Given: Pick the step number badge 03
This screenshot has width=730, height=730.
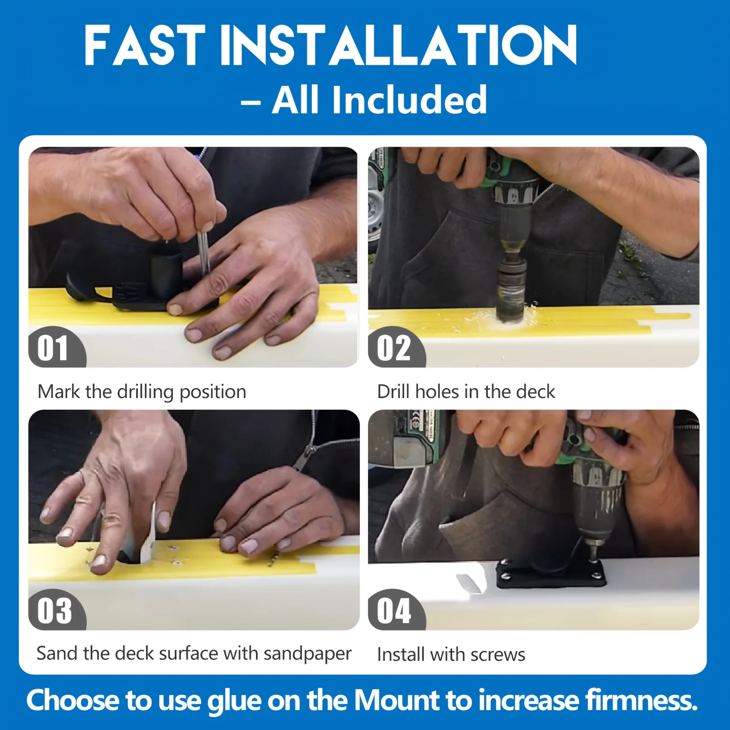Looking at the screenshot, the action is (54, 610).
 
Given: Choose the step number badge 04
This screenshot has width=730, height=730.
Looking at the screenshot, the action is (394, 610).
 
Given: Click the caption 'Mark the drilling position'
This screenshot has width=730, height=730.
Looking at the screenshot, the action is (142, 392).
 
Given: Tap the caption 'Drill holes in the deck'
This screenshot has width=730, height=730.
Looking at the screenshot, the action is (466, 392).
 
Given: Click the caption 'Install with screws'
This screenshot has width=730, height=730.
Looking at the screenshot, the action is (451, 654).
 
